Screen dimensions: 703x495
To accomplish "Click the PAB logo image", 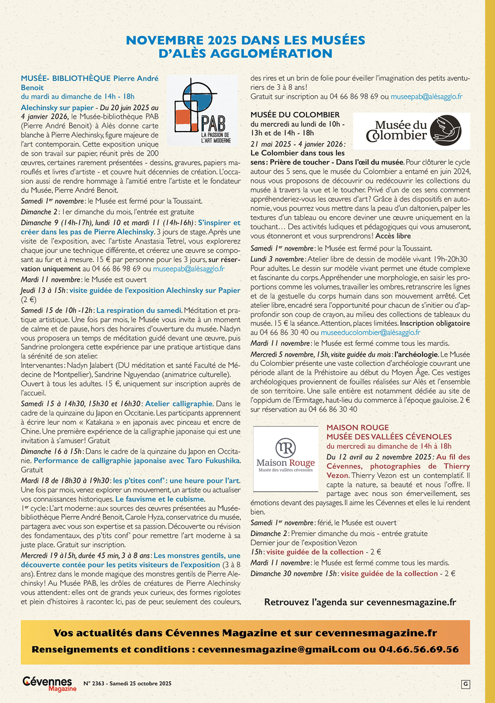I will pos(202,111).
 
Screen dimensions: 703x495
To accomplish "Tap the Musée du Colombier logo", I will pos(412,131).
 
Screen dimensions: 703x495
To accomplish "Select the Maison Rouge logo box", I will pos(286,458).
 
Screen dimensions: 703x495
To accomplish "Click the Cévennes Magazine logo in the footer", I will pos(49,683).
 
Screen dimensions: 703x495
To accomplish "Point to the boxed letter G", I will pos(465,684).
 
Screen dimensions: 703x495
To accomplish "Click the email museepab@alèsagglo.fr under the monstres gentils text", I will pos(426,96).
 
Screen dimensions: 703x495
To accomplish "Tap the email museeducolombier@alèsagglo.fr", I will pos(370,332).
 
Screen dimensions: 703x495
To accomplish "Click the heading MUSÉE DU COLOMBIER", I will pos(295,114).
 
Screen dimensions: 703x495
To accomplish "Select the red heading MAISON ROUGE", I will pos(357,428).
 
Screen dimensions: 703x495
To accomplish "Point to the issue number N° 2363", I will pos(94,683).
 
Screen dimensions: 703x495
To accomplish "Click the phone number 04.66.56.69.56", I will pos(419,649).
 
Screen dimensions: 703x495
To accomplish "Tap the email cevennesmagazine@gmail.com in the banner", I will pos(279,649).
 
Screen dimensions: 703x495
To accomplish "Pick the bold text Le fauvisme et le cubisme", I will pos(160,499).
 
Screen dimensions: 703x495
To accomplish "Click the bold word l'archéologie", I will pos(416,355).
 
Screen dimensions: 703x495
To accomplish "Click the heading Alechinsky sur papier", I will pos(57,107).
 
